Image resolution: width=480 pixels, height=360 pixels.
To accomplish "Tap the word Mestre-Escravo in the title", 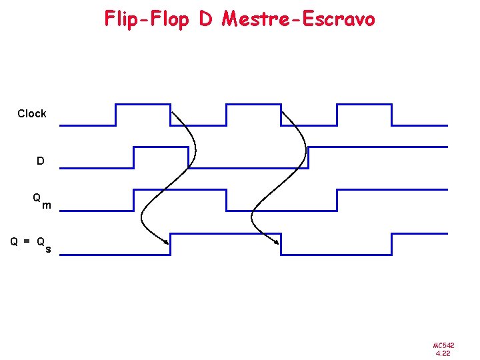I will coord(299,19).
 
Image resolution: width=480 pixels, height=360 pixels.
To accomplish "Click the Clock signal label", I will coord(32,114).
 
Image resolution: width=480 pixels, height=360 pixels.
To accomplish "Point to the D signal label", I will coord(41,161).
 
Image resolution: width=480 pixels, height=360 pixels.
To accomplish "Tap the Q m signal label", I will coord(41,201).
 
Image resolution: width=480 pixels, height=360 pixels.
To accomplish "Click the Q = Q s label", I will coord(31,244).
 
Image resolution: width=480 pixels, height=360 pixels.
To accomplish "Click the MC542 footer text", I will coord(443,345).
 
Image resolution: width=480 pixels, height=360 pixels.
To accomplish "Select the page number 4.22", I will coord(443,353).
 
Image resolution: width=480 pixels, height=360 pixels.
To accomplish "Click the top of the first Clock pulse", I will coord(143,104).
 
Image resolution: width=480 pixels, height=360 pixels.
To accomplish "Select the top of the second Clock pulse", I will coord(253,104).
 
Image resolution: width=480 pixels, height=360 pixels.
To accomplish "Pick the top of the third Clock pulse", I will coord(364,104).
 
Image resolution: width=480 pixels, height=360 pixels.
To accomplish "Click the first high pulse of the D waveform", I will coord(161,147).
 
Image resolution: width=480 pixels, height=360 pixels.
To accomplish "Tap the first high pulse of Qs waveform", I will coord(225,233).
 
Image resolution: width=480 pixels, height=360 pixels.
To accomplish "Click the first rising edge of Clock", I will coord(116,115).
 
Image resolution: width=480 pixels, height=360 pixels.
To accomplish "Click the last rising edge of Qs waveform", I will coord(392,244).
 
